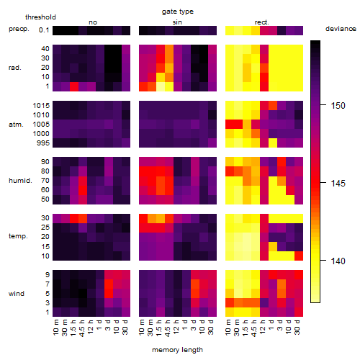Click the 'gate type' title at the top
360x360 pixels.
pos(178,12)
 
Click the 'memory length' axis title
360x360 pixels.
pos(177,350)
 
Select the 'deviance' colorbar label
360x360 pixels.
pos(341,29)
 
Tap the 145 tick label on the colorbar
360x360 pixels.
pos(338,184)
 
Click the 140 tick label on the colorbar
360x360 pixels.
pos(338,261)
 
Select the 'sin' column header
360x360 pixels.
pos(177,22)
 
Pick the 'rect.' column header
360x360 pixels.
pos(262,22)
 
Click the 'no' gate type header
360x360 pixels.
pos(93,22)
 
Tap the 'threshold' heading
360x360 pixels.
pos(40,17)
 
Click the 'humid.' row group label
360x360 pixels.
pos(20,181)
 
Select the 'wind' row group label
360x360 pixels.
pos(17,294)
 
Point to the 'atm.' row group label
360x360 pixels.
pos(16,125)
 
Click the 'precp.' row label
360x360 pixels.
pos(19,29)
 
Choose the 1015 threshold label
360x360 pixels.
pos(41,106)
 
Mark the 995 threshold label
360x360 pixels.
pos(43,143)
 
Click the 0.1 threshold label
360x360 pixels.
pos(44,30)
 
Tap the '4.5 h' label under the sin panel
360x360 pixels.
pos(168,328)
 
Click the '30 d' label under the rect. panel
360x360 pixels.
pos(297,327)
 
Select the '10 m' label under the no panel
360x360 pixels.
pos(55,328)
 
